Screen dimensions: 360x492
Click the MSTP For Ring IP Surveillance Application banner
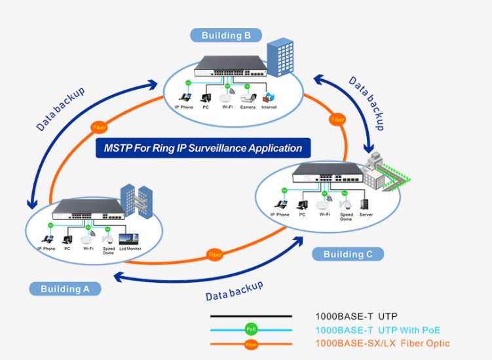point(203,148)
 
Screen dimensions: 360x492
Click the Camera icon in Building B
point(248,98)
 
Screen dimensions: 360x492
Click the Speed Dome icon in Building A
point(108,239)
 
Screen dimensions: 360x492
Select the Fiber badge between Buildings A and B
point(98,127)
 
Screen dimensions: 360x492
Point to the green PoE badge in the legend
point(251,329)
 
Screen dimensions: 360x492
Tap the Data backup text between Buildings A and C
point(234,291)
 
